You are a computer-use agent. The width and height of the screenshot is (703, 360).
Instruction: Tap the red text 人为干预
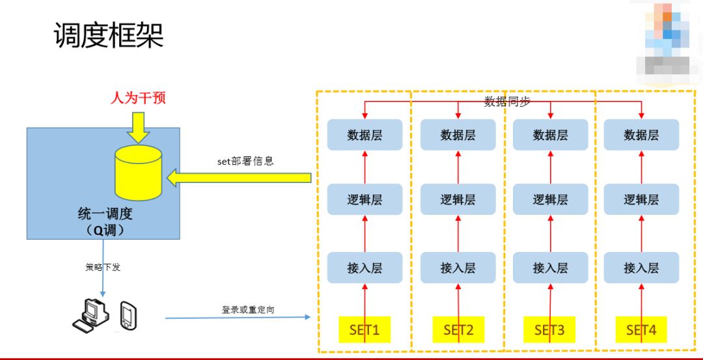tap(138, 98)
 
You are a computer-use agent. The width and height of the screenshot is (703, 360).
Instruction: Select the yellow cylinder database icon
tap(137, 173)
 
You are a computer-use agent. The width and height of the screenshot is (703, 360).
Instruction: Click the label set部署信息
tap(245, 161)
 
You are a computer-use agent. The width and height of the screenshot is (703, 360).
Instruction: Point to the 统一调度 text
tap(105, 214)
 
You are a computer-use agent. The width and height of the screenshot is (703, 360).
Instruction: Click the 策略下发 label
tap(103, 267)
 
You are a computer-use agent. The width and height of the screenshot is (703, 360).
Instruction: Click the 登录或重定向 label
tap(248, 309)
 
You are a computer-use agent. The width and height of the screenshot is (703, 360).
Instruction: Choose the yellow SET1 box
tap(365, 330)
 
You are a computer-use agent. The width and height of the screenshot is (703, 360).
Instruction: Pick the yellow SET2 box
tap(458, 330)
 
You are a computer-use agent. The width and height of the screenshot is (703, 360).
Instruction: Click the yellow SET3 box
tap(550, 330)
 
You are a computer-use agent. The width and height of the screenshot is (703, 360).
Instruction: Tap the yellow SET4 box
tap(641, 330)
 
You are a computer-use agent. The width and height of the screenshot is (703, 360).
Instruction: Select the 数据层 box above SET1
tap(365, 135)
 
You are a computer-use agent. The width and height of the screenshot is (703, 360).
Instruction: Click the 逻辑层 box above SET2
tap(458, 200)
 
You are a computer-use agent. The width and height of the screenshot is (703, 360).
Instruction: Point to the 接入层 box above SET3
tap(550, 268)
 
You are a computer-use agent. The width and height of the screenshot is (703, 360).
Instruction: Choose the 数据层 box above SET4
tap(641, 135)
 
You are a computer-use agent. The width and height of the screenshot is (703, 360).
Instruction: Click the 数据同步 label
tap(507, 101)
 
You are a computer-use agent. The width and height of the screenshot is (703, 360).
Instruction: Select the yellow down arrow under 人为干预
tap(138, 127)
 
